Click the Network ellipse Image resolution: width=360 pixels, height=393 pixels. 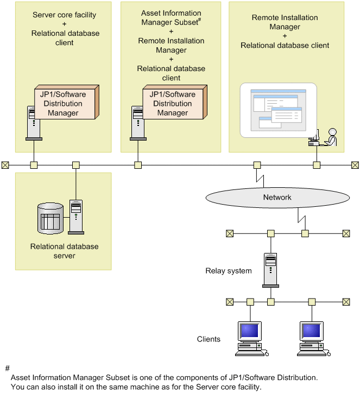(277, 198)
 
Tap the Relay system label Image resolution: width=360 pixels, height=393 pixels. (229, 270)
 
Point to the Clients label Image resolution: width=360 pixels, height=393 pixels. (209, 339)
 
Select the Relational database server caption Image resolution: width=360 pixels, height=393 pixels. (64, 251)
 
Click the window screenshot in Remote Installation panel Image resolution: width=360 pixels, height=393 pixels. (277, 110)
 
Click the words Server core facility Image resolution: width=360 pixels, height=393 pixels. (65, 15)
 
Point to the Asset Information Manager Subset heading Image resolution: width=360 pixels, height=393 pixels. (171, 17)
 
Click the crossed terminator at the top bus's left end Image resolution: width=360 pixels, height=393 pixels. (5, 165)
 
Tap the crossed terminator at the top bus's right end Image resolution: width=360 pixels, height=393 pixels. (355, 165)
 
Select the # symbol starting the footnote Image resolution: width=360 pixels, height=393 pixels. (7, 368)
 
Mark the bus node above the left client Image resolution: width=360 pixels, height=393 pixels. (250, 301)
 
